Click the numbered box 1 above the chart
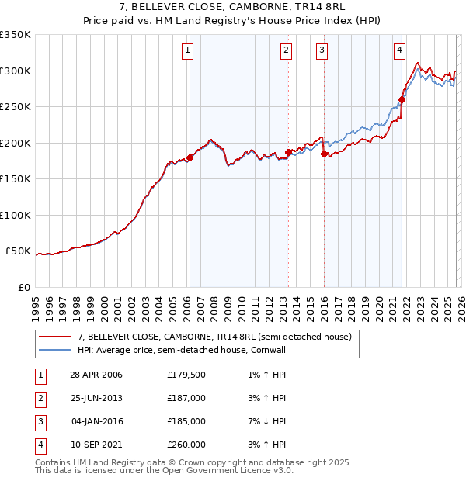click(x=189, y=51)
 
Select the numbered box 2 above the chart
click(x=287, y=51)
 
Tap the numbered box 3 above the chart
click(x=322, y=51)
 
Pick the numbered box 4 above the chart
click(x=399, y=51)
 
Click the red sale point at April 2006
click(x=190, y=157)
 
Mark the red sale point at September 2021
click(x=402, y=99)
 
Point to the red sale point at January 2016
click(x=323, y=154)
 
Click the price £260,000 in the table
click(x=186, y=445)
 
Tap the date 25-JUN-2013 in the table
click(x=96, y=398)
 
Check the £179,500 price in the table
click(x=186, y=375)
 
